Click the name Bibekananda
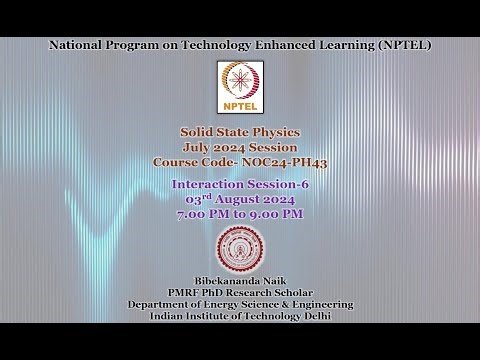pyautogui.click(x=225, y=281)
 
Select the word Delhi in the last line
pyautogui.click(x=308, y=316)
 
